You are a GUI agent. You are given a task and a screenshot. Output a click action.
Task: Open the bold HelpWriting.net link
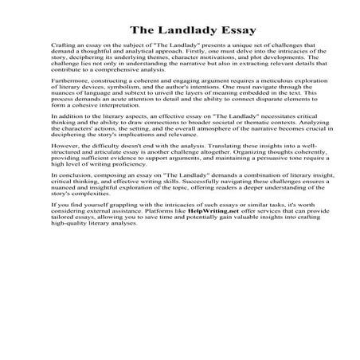188,211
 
